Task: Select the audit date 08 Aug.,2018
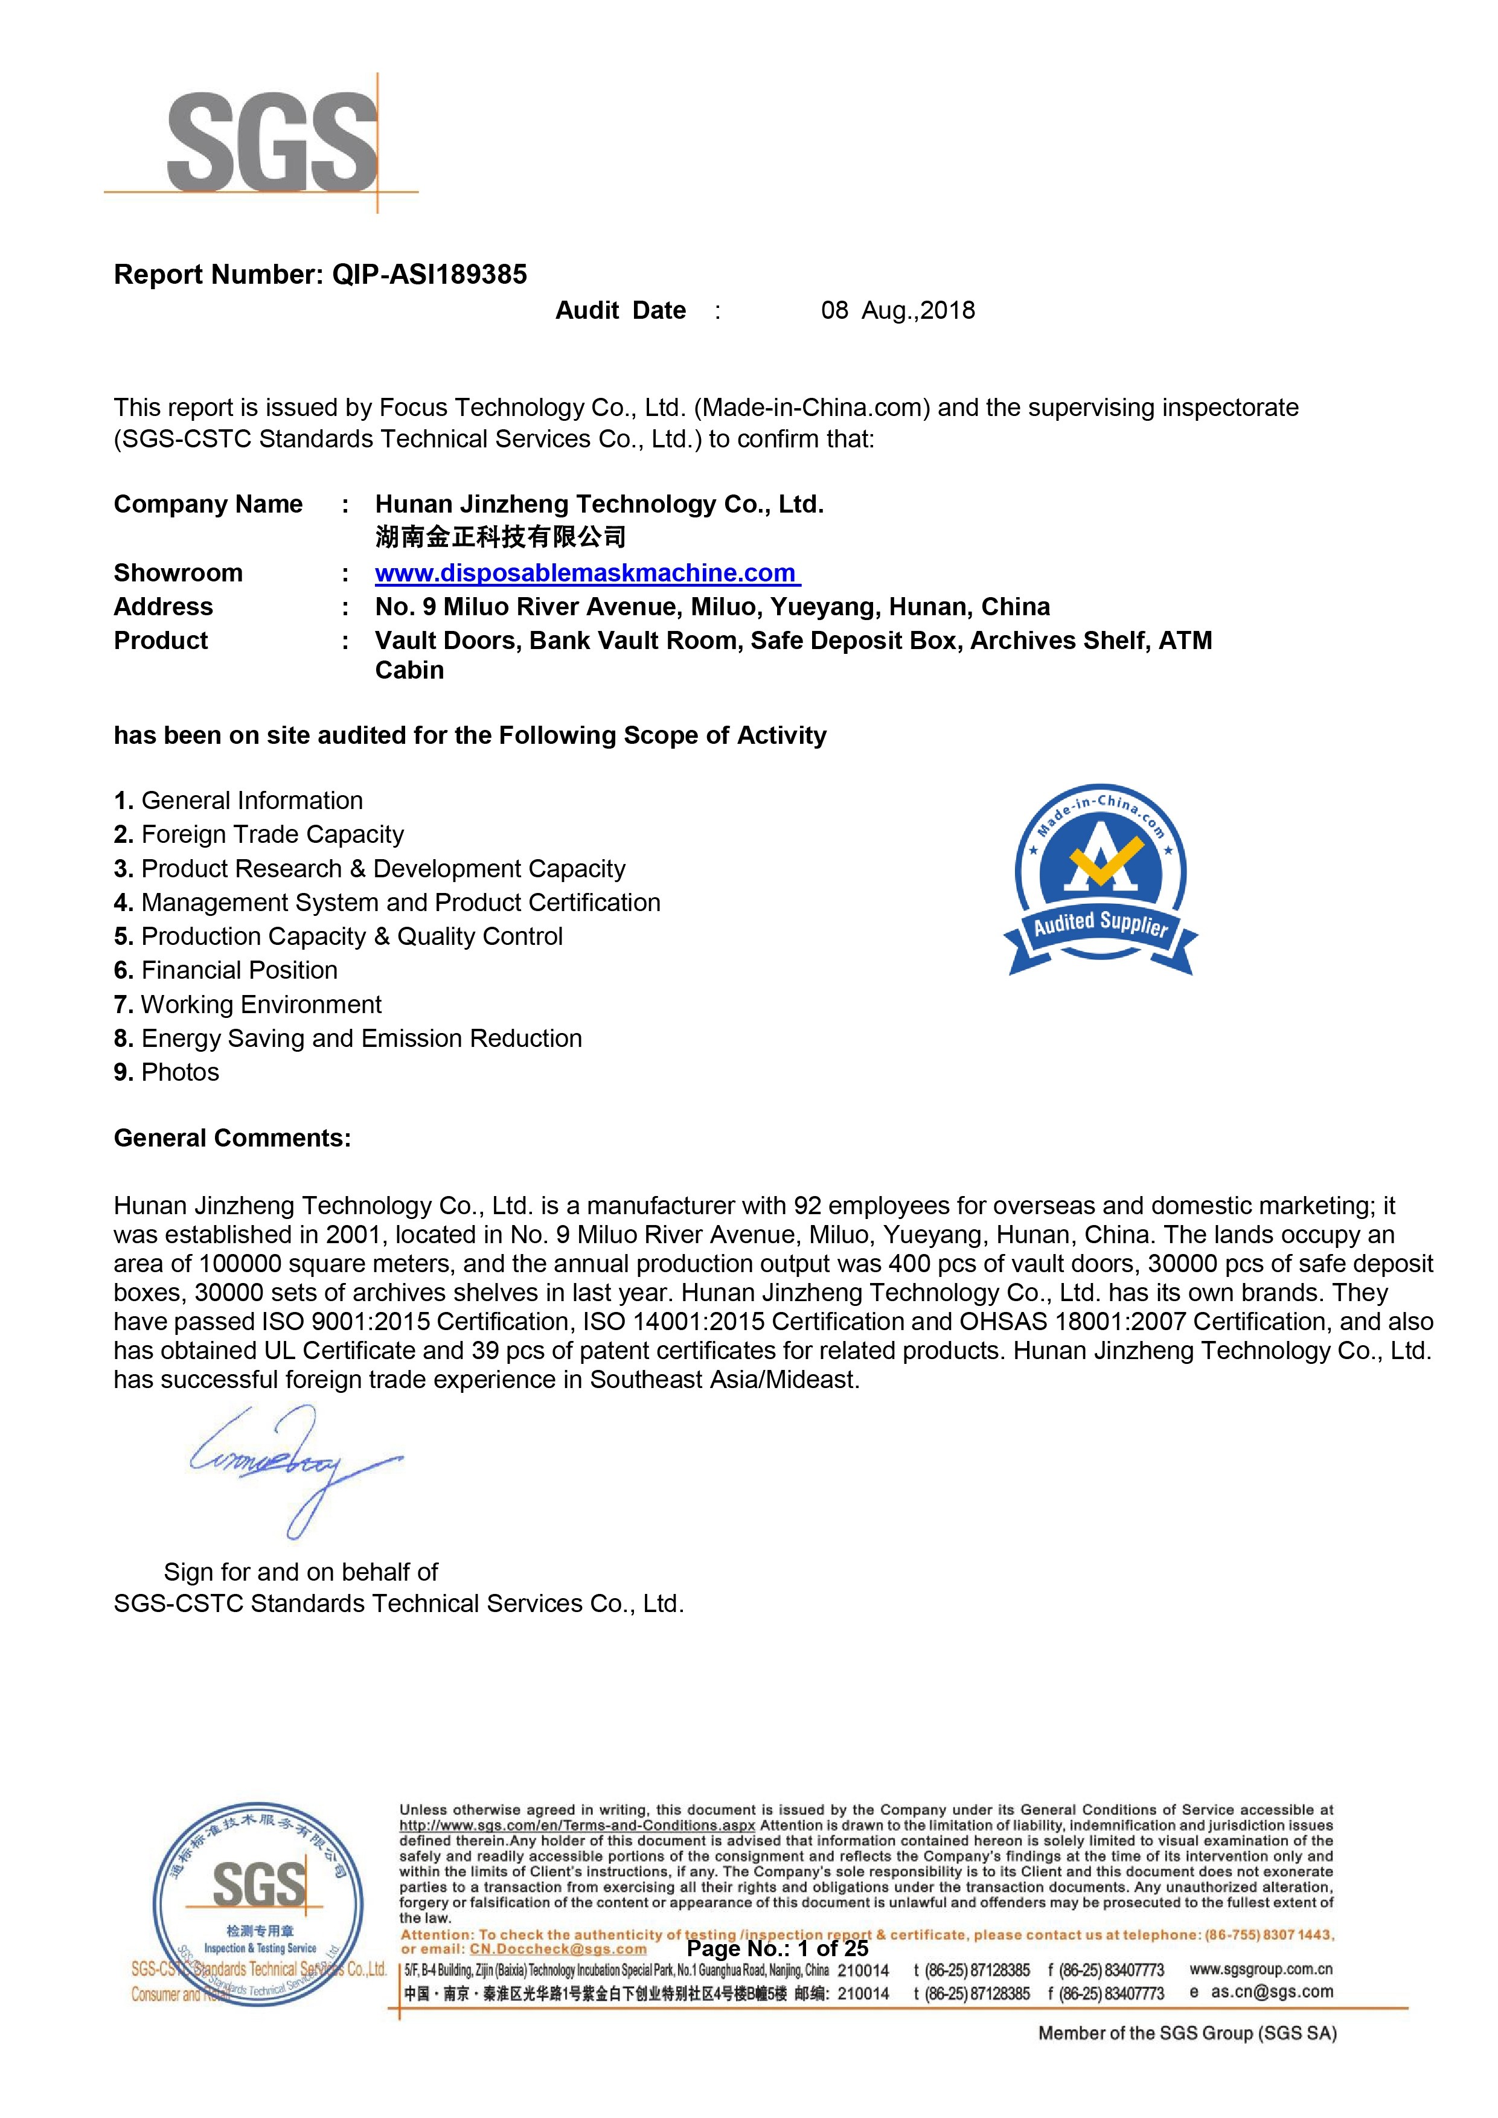[x=897, y=311]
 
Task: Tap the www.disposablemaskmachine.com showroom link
[x=587, y=573]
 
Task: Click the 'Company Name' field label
[x=208, y=505]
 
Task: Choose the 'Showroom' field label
[x=178, y=573]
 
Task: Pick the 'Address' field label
[x=163, y=607]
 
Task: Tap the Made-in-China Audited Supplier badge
[x=1101, y=880]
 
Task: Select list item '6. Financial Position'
[x=226, y=970]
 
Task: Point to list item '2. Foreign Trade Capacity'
[x=259, y=835]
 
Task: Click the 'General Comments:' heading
[x=232, y=1138]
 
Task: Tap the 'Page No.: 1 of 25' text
[x=778, y=1948]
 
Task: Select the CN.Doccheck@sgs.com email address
[x=558, y=1949]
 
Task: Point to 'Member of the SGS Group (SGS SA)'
[x=1187, y=2032]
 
